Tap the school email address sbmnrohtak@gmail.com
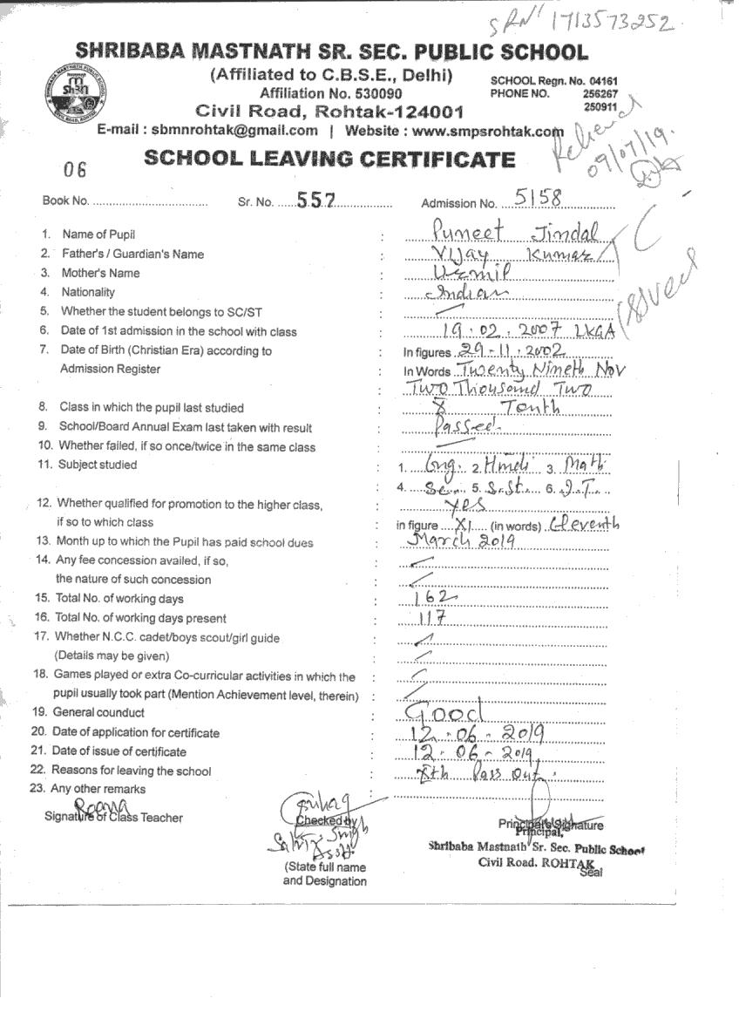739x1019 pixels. pos(234,131)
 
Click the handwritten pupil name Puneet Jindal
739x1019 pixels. pos(514,232)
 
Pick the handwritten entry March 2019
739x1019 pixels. pos(462,540)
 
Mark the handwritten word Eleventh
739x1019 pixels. pos(586,523)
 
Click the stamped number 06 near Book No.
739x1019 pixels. pos(76,169)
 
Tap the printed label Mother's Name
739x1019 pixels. pos(100,273)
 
